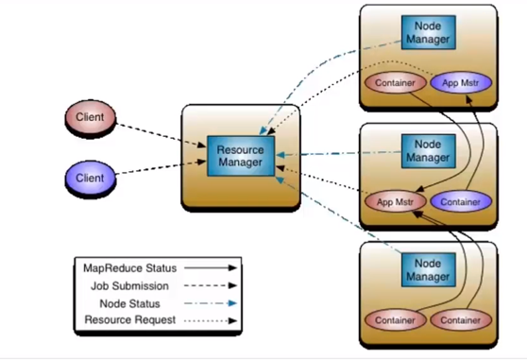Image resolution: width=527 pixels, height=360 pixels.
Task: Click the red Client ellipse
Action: coord(90,117)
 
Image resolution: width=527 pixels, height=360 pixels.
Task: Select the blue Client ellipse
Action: coord(90,179)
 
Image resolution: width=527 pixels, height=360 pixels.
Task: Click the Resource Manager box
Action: coord(241,156)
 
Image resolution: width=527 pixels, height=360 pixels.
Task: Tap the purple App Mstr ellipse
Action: coord(461,83)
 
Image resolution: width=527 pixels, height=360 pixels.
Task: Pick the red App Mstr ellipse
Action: coord(395,202)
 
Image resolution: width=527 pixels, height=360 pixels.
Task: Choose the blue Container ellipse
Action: coord(461,202)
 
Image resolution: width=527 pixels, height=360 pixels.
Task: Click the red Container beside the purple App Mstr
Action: coord(395,83)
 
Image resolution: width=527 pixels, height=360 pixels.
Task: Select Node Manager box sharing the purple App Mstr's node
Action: coord(429,33)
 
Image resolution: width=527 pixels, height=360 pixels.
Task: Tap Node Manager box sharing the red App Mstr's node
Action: coord(429,151)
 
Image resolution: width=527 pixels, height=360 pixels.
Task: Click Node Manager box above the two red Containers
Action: coord(429,270)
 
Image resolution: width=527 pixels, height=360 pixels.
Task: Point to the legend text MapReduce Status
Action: coord(129,268)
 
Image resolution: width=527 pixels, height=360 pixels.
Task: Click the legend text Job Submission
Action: coord(129,286)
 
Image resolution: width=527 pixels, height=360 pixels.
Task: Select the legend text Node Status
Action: coord(129,304)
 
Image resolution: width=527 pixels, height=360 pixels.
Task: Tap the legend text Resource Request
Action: coord(130,320)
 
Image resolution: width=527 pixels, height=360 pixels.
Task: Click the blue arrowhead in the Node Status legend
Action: coord(232,303)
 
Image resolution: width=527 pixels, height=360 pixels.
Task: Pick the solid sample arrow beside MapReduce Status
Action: coord(211,268)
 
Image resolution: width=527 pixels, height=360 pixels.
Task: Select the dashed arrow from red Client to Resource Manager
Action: coord(161,135)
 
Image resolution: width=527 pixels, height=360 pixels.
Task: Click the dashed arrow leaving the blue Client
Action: coord(161,167)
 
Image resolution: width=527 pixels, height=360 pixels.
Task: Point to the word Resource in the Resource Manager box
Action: coord(240,150)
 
